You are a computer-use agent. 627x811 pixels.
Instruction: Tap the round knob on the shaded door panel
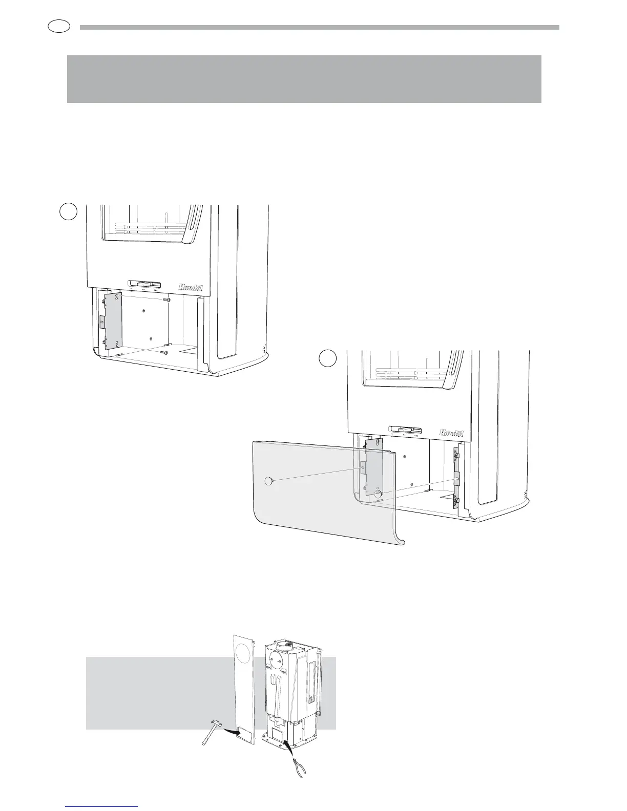tap(267, 481)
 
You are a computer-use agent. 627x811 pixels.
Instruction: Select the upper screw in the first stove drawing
tap(166, 299)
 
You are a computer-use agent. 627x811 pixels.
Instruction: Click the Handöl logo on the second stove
tap(450, 433)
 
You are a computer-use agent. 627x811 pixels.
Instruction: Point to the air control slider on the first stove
tap(144, 284)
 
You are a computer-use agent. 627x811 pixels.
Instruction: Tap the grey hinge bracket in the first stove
tap(112, 321)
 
